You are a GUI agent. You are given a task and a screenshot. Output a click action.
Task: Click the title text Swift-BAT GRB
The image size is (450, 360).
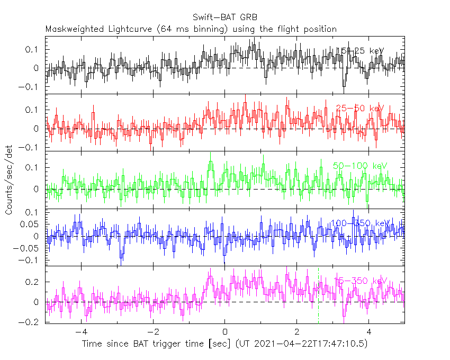[x=224, y=17]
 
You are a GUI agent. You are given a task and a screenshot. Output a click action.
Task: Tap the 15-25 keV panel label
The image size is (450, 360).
[x=360, y=51]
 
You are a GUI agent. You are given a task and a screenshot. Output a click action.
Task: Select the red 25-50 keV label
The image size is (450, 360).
[x=359, y=109]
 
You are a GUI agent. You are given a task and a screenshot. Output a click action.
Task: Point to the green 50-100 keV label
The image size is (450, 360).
[x=360, y=166]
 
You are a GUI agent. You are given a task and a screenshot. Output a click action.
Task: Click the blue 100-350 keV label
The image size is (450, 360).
[x=360, y=223]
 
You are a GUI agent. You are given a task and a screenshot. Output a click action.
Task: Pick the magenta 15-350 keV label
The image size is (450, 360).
[x=360, y=281]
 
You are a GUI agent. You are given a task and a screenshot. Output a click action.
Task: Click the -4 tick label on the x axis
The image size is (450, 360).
[x=80, y=332]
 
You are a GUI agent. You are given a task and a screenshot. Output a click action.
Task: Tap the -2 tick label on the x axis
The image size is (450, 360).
[x=152, y=332]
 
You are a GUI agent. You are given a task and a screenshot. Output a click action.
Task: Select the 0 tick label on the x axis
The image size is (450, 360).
[x=225, y=332]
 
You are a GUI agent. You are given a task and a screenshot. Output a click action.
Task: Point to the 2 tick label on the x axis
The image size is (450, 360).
[x=297, y=332]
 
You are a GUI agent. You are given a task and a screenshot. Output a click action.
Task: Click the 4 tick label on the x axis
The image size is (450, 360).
[x=369, y=332]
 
